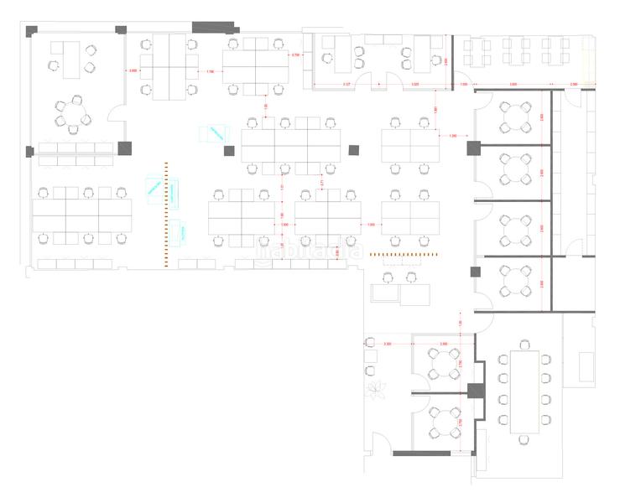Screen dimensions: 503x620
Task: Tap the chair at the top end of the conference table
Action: (x=525, y=344)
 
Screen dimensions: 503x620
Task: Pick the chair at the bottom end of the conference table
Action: (x=525, y=438)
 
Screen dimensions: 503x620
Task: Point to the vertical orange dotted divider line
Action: (x=166, y=214)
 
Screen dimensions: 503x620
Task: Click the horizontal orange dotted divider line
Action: (x=406, y=253)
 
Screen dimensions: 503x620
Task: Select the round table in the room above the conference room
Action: (x=513, y=282)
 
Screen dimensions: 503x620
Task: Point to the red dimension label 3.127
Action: (x=346, y=85)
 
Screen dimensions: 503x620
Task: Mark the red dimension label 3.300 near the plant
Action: (x=387, y=345)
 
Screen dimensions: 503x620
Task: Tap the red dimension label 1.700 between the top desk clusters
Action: (x=210, y=72)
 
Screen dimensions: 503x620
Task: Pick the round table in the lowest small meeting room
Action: (x=443, y=423)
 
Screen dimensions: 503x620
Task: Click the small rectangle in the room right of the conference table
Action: (x=578, y=356)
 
